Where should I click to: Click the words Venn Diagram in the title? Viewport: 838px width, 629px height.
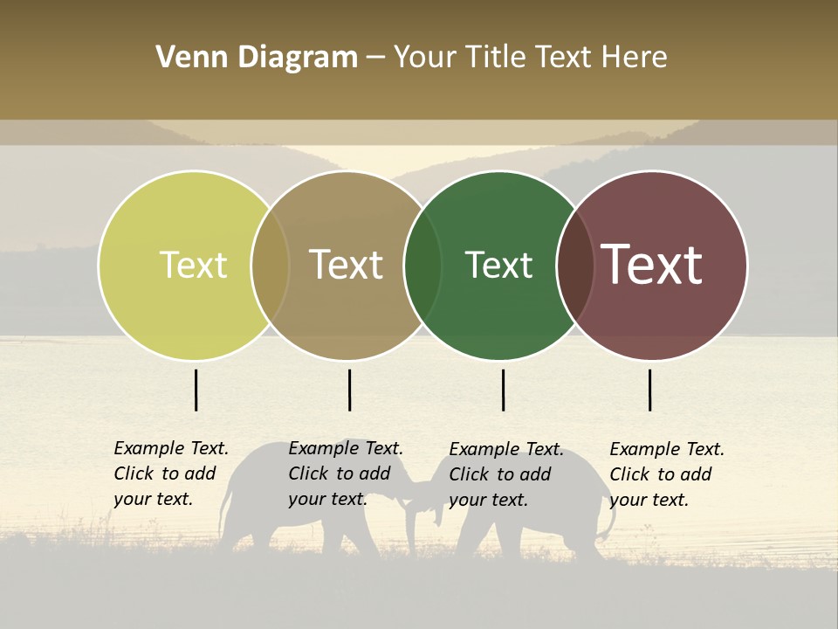[x=257, y=58]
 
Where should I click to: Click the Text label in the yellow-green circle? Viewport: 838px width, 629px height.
[x=193, y=265]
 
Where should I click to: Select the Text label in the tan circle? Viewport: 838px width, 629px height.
[x=346, y=265]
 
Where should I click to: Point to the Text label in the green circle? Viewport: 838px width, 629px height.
[x=498, y=265]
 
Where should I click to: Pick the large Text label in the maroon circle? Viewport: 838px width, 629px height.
[x=652, y=265]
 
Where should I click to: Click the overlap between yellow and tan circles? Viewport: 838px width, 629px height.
[x=270, y=266]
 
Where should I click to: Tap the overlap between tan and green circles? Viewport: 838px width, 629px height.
[x=422, y=266]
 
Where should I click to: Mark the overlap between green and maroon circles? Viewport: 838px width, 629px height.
[x=575, y=266]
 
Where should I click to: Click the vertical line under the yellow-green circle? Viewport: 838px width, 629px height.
[x=196, y=390]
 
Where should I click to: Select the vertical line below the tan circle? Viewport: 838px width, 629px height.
[x=349, y=390]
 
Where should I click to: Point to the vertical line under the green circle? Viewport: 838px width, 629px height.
[x=503, y=390]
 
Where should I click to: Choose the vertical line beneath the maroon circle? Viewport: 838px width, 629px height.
[x=649, y=390]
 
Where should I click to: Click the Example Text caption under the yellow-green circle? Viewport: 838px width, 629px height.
[x=171, y=473]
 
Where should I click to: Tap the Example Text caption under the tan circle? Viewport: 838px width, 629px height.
[x=346, y=473]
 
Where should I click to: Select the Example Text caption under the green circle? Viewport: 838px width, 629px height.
[x=506, y=474]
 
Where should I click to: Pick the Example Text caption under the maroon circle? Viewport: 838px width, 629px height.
[x=667, y=474]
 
